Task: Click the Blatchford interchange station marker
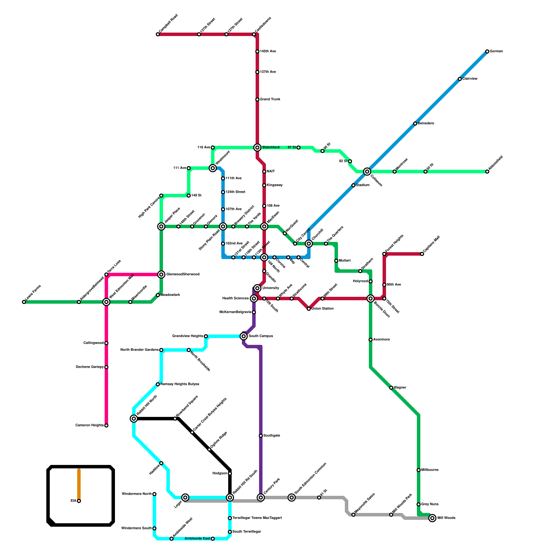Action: [257, 148]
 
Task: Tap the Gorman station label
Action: [496, 51]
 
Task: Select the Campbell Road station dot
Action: [158, 34]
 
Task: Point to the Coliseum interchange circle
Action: [367, 172]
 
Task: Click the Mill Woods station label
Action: [446, 518]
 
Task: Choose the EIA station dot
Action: [79, 501]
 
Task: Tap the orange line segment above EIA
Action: [79, 484]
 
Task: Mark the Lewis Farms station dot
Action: [24, 302]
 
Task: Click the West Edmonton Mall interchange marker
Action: [106, 302]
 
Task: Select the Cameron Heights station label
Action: [90, 425]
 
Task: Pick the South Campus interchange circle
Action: [244, 336]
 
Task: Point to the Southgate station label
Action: [271, 436]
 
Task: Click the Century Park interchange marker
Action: [261, 498]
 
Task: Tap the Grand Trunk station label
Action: [270, 100]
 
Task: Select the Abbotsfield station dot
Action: [487, 172]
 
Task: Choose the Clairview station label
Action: [470, 79]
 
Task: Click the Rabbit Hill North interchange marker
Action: [134, 419]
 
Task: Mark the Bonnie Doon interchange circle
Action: [371, 299]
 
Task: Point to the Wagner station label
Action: [400, 388]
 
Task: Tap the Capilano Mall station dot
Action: [422, 254]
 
